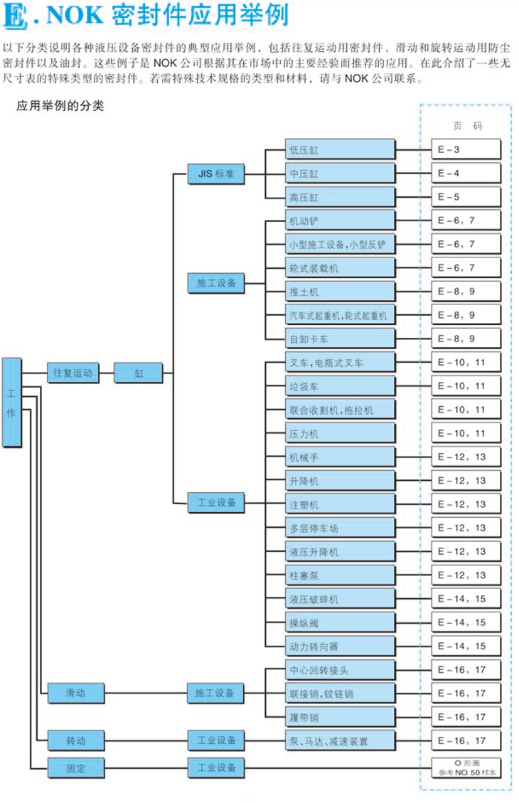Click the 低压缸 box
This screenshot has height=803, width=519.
click(x=339, y=150)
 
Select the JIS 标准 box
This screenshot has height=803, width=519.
click(x=215, y=174)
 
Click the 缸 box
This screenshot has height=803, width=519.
click(x=139, y=372)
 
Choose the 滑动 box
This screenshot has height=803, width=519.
click(x=75, y=692)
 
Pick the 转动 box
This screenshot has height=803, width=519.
click(x=75, y=740)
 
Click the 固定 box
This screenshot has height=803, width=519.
click(x=75, y=767)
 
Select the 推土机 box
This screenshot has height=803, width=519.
click(x=339, y=292)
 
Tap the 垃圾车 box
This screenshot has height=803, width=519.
click(x=339, y=385)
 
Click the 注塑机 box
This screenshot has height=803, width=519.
click(x=339, y=504)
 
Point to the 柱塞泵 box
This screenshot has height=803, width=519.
click(x=339, y=575)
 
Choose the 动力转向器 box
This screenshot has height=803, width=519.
click(x=339, y=646)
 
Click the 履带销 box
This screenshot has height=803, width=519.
click(x=339, y=716)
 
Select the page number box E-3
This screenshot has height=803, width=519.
click(x=466, y=150)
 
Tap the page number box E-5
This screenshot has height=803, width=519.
click(x=466, y=197)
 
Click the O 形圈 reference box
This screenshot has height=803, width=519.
click(x=466, y=767)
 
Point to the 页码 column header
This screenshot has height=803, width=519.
click(x=467, y=126)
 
